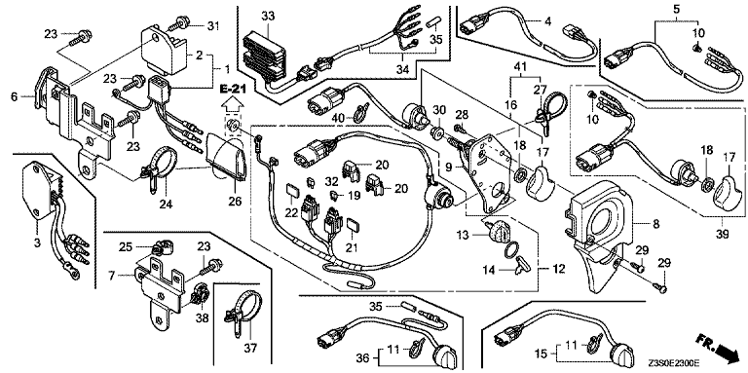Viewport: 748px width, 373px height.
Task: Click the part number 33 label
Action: [268, 17]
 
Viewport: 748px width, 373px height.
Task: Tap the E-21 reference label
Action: [231, 90]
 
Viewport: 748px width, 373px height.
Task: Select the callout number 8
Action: [656, 222]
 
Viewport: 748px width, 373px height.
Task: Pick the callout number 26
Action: [234, 201]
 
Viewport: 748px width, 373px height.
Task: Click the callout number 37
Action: [251, 349]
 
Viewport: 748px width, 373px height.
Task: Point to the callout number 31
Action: [211, 24]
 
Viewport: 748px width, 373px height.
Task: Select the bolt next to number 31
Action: [183, 21]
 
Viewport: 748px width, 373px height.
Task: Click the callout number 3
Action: [36, 243]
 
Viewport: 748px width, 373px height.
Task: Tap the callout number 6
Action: [15, 96]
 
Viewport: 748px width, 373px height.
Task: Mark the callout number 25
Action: [125, 246]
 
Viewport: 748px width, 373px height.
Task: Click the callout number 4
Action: [547, 20]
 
